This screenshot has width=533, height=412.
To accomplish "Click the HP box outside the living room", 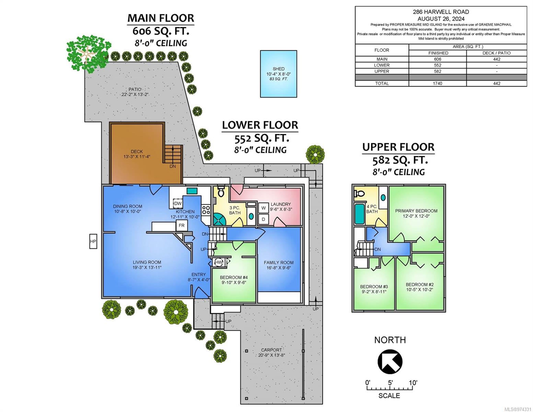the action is coord(93,241).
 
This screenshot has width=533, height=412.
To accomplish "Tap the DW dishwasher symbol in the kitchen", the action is coord(178,203).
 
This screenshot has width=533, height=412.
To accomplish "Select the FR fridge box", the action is coord(182,225).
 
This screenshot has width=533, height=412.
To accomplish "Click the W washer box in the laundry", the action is coord(264,208).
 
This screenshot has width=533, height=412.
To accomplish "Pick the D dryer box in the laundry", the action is coord(264,219).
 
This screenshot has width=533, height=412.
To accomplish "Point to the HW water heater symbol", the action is coord(219,262).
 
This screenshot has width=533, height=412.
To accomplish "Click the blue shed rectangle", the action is coord(278,74).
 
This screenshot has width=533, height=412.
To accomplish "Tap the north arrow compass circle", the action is coord(390,362).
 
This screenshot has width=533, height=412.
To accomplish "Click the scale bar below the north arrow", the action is coord(390,388).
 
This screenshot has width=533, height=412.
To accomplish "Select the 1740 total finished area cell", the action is coord(437,83).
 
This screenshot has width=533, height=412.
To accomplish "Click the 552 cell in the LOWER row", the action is coord(437,65).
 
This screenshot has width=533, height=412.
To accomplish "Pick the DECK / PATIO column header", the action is coord(497,53).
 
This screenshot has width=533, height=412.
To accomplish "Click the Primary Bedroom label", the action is coord(416,211).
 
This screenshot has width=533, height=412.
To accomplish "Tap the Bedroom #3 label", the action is coord(374,287).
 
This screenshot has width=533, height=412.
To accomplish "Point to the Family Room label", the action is coord(278,263).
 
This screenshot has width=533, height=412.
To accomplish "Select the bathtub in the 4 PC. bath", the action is coord(360,214).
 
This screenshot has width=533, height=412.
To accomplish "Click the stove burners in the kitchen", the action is coord(206,210).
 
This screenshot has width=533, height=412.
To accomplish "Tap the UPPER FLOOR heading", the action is coord(398,147).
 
